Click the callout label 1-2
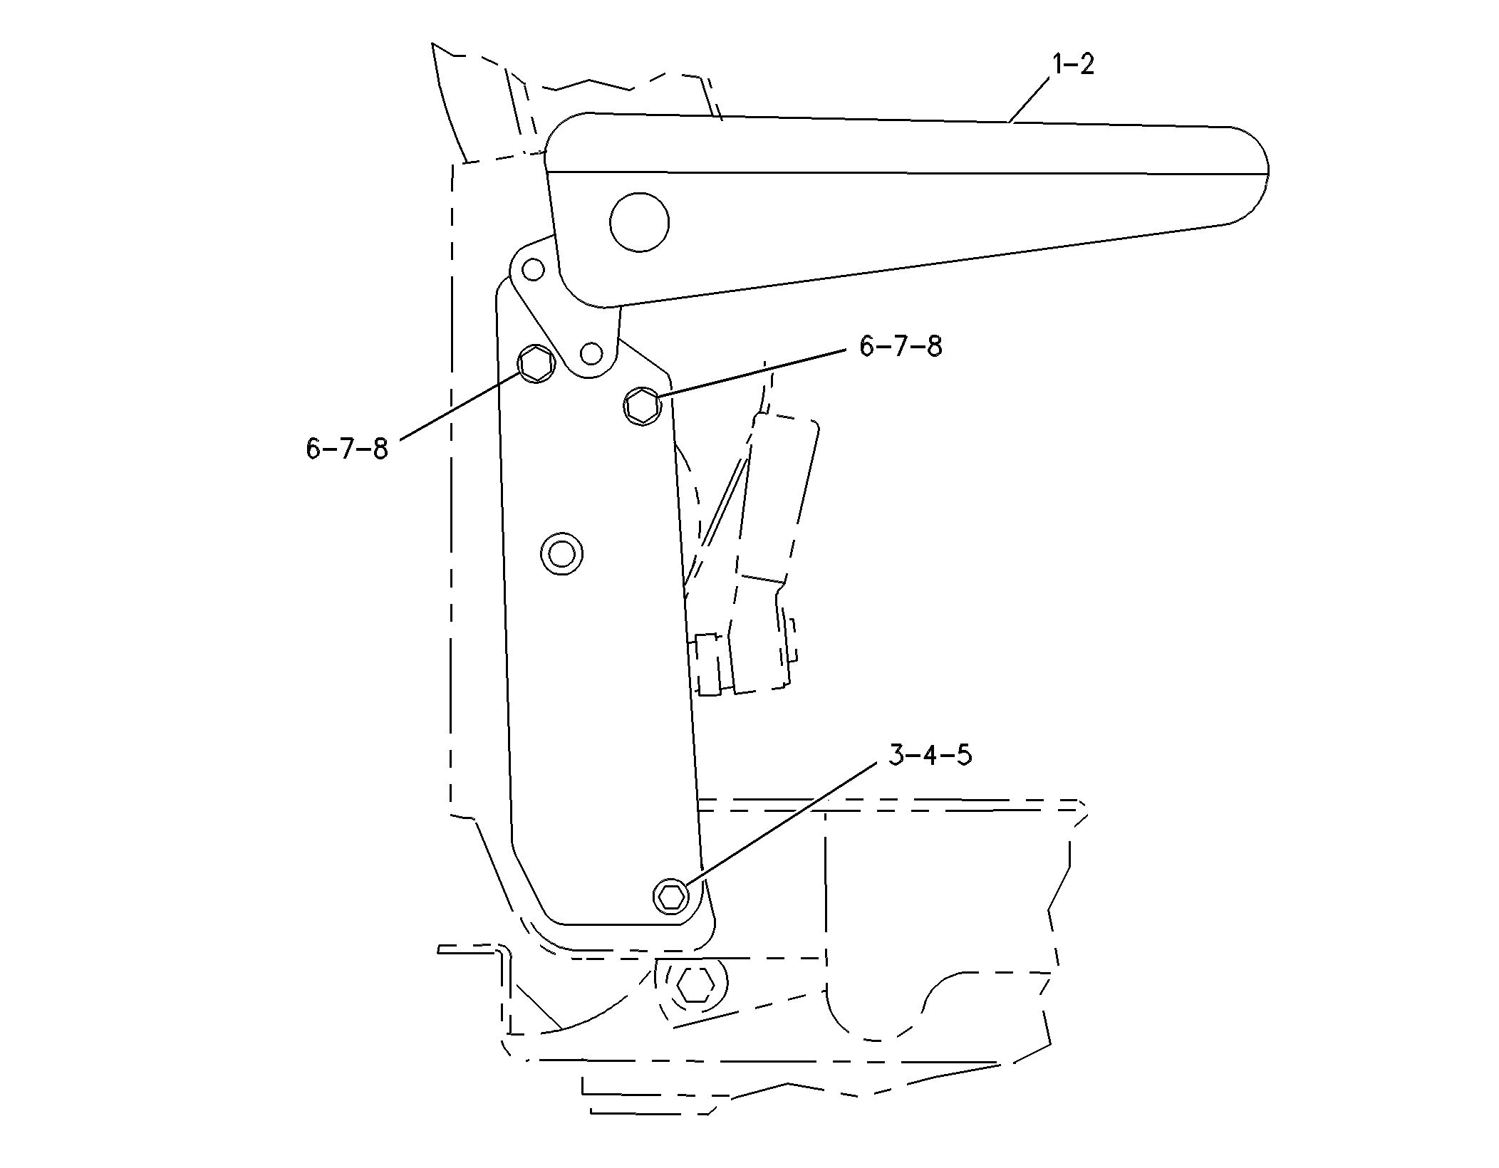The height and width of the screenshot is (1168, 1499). pyautogui.click(x=1073, y=64)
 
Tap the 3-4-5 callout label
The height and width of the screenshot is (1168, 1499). pyautogui.click(x=930, y=754)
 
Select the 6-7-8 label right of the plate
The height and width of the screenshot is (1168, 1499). pyautogui.click(x=901, y=347)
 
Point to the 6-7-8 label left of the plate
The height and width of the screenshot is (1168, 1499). pyautogui.click(x=347, y=449)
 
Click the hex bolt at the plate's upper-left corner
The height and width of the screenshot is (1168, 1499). pyautogui.click(x=536, y=364)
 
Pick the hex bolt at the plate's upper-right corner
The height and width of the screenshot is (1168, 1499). pyautogui.click(x=642, y=407)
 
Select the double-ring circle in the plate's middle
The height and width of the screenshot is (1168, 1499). pyautogui.click(x=562, y=553)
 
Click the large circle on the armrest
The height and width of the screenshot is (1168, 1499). pyautogui.click(x=639, y=222)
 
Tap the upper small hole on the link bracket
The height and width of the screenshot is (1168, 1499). pyautogui.click(x=533, y=269)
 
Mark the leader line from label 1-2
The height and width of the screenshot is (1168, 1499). pyautogui.click(x=1030, y=100)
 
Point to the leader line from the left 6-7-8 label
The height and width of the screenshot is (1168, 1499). pyautogui.click(x=460, y=406)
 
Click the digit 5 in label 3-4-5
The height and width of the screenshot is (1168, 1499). pyautogui.click(x=963, y=754)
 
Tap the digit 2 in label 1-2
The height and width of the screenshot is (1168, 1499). pyautogui.click(x=1086, y=64)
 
